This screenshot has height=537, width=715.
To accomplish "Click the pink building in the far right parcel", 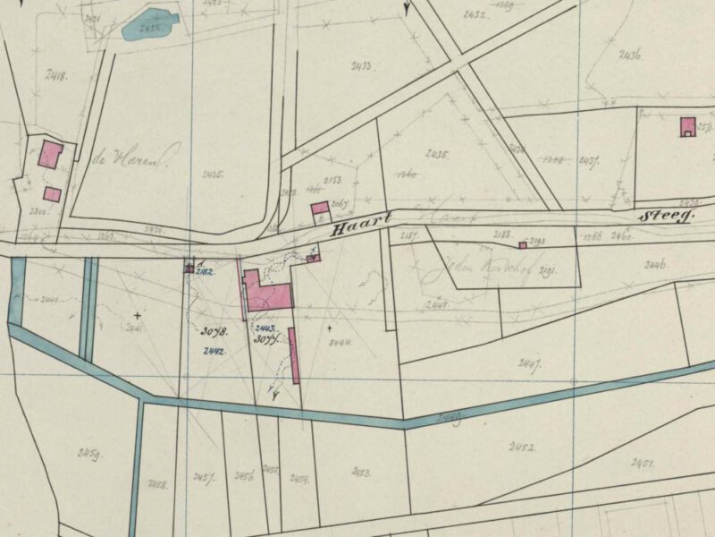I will [687, 126].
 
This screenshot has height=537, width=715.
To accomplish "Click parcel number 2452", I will [522, 446].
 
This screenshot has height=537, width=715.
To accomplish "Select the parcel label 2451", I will [643, 463].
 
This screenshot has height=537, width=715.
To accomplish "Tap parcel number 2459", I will [88, 454].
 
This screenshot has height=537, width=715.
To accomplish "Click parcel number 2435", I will [435, 154].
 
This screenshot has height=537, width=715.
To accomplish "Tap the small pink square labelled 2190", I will [523, 244].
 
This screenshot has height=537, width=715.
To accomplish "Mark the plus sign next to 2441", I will [137, 316].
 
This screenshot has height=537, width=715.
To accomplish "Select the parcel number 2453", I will [361, 472].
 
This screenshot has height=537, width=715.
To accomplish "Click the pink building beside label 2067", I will [319, 209].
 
